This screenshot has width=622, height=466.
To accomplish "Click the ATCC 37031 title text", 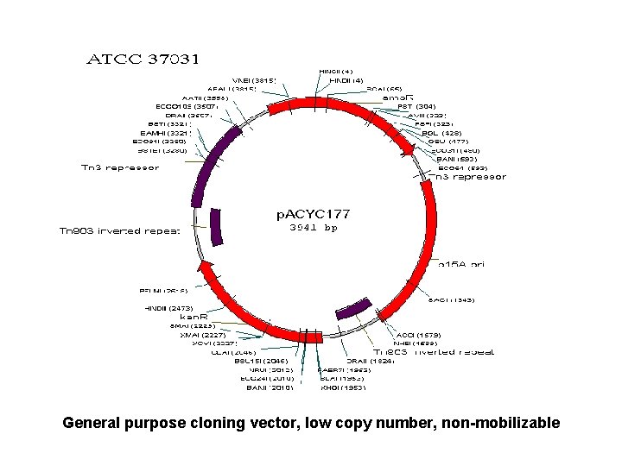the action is [x=144, y=60].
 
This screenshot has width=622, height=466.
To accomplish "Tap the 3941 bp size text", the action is [x=313, y=228].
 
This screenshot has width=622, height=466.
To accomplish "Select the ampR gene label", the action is [x=398, y=98].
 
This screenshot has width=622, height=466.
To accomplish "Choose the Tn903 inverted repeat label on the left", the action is [x=119, y=230].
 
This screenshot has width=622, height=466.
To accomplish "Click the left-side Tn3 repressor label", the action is [x=120, y=167].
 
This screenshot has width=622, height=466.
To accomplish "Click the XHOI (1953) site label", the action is [x=343, y=387].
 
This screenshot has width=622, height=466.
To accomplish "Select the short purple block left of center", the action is [x=217, y=227].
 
